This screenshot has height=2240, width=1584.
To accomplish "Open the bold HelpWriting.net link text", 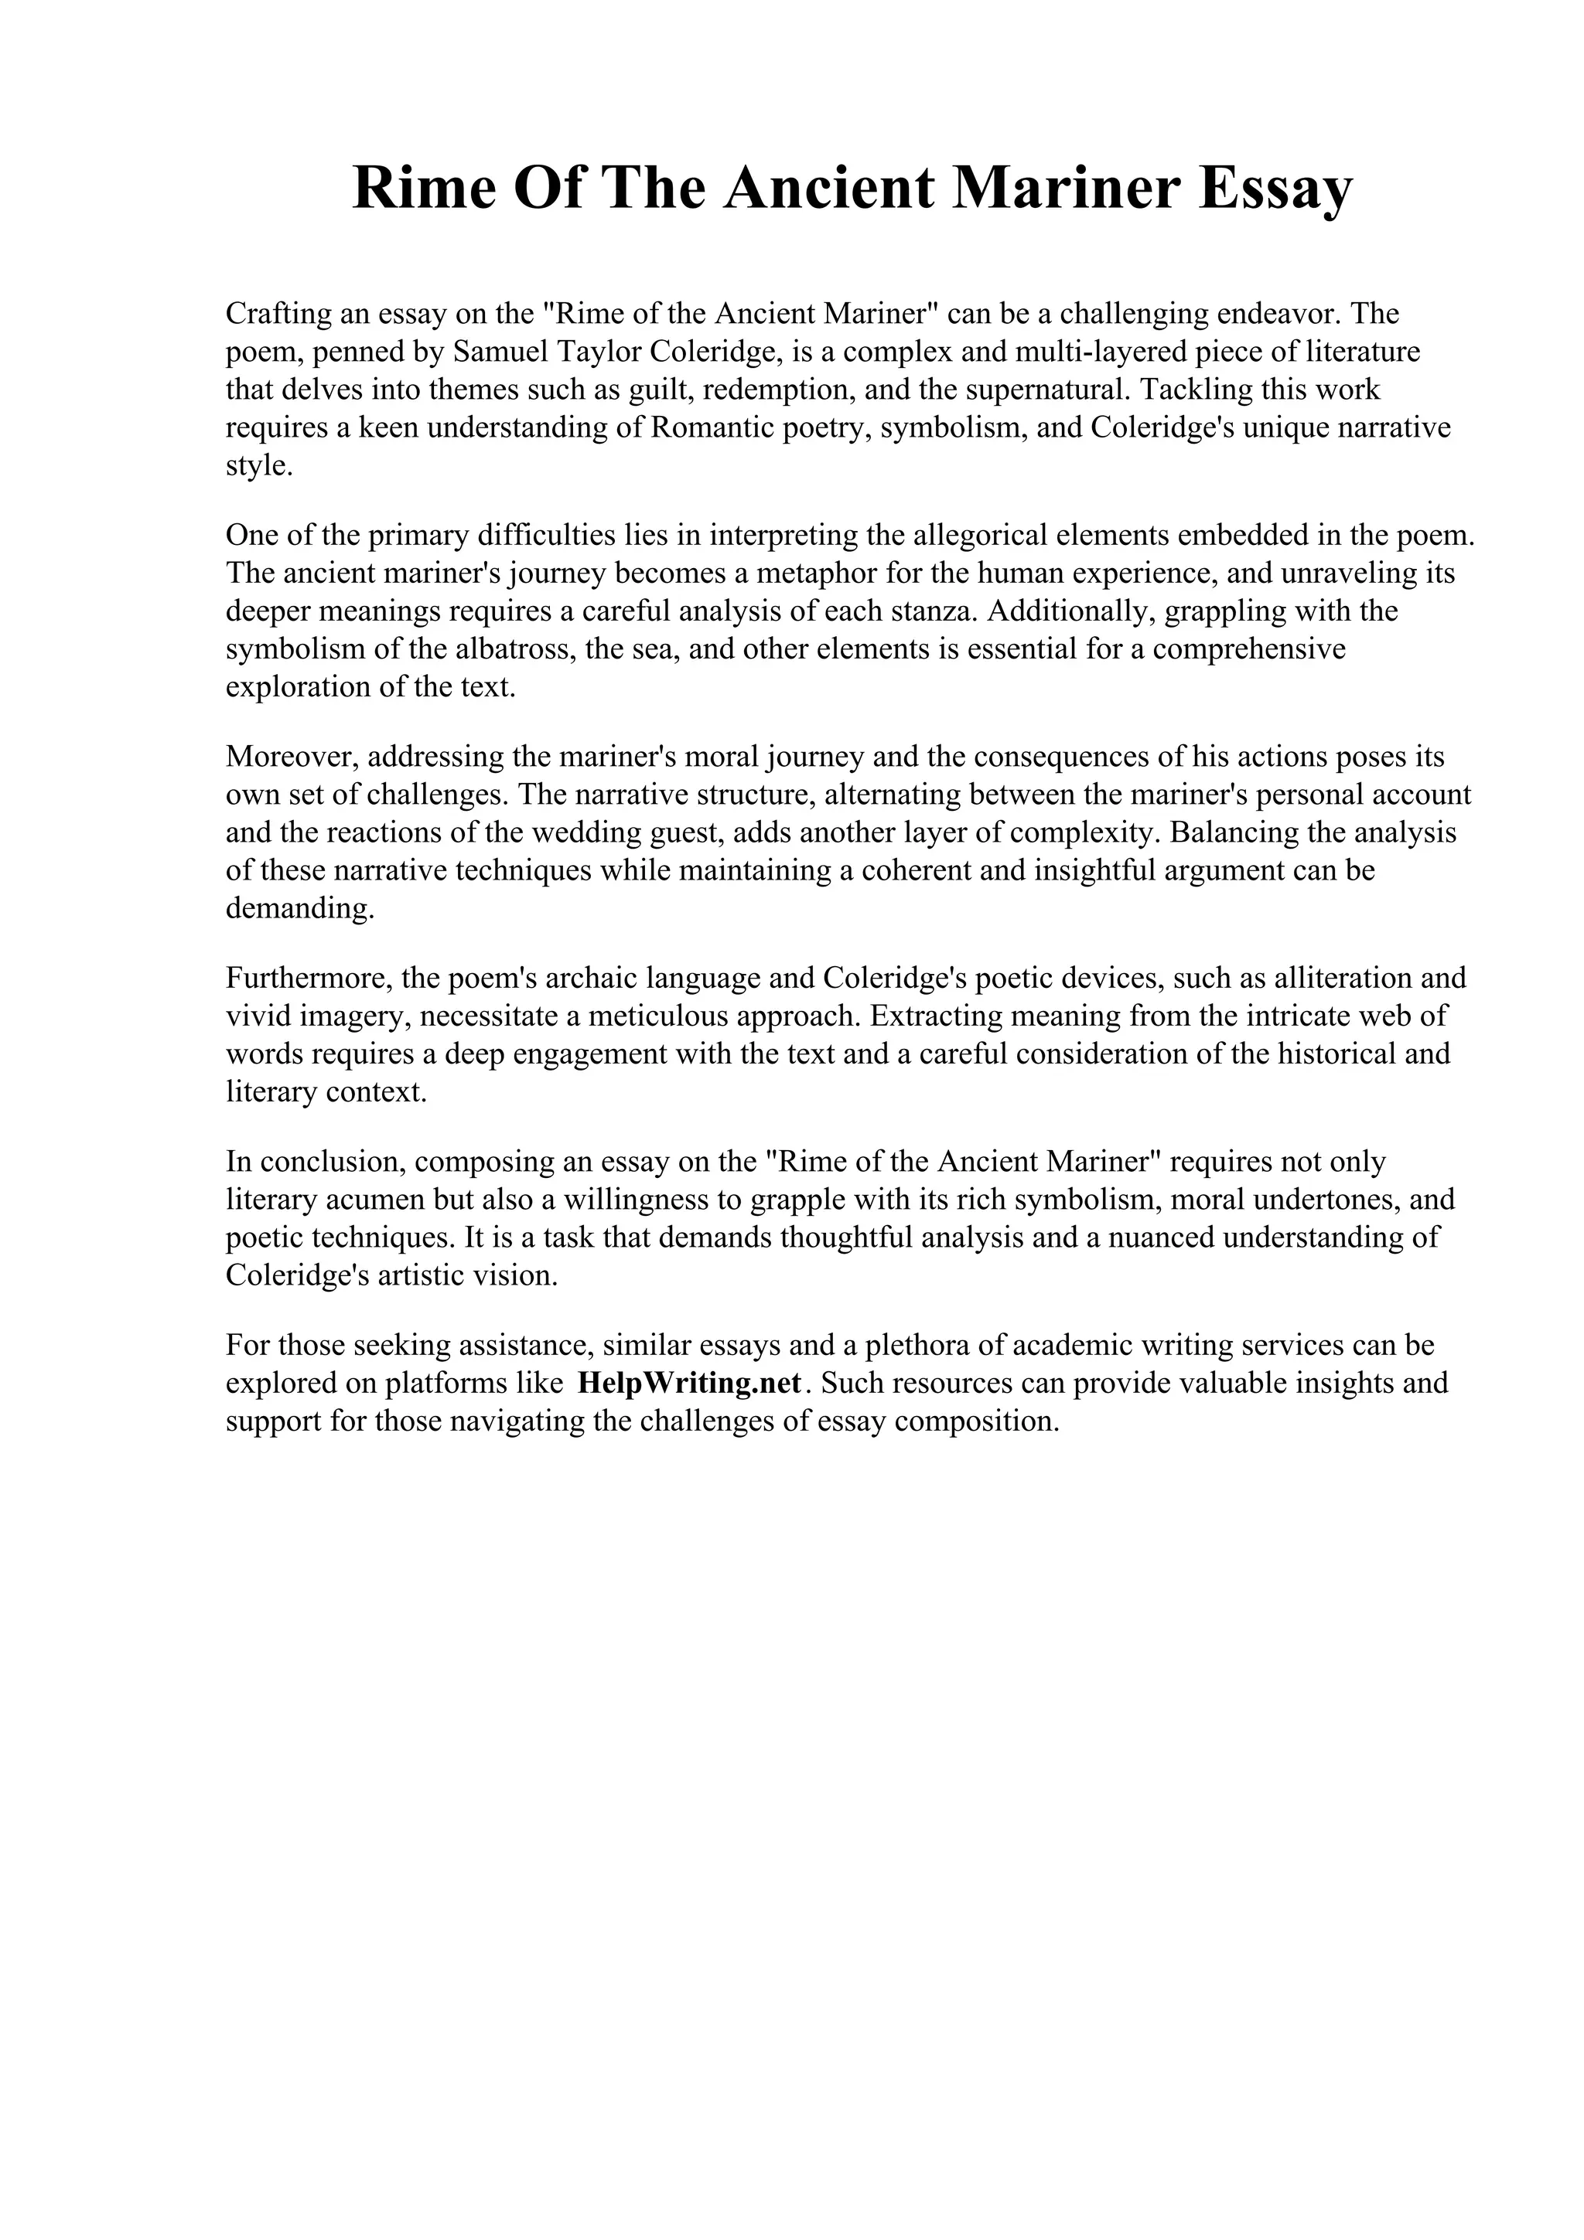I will point(690,1384).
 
